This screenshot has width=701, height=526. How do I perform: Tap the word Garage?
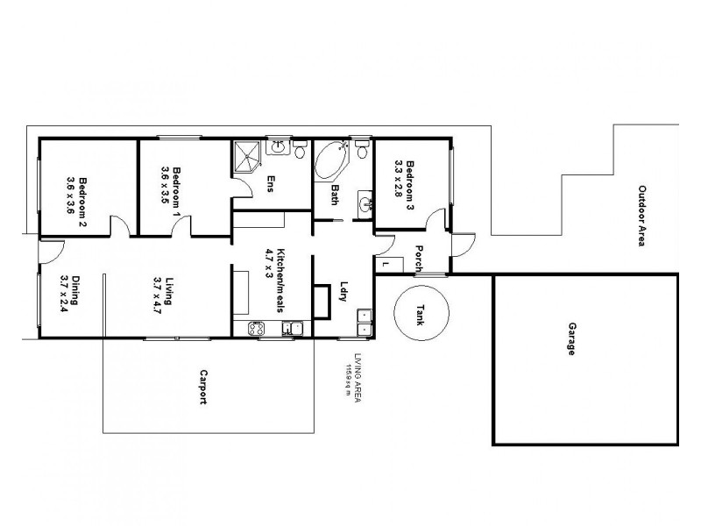tap(571, 338)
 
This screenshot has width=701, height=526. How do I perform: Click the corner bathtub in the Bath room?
tap(331, 160)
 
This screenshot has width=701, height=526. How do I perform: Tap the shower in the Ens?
tap(247, 157)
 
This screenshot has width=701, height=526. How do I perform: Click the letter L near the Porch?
tap(386, 263)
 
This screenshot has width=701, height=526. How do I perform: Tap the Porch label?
tap(421, 257)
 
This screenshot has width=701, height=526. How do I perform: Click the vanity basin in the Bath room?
tap(365, 205)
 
